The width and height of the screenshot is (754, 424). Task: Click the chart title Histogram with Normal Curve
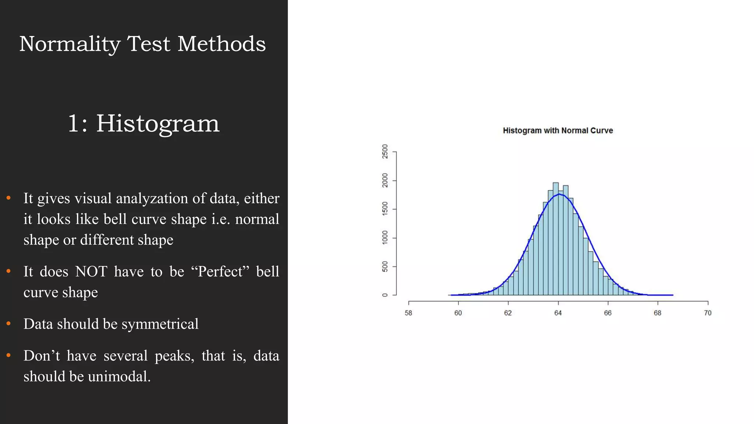558,131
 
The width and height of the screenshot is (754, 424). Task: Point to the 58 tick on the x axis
408,313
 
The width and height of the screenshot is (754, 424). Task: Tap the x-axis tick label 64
558,313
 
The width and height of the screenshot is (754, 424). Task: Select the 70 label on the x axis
708,313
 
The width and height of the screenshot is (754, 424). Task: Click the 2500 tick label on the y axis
385,151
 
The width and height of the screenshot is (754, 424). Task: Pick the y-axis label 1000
385,238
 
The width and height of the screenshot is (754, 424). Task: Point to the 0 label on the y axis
385,295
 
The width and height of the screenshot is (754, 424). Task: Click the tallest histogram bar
556,239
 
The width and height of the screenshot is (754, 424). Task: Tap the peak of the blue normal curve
559,194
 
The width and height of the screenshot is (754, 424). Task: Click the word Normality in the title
70,44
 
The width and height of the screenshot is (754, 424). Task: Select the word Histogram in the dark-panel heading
158,123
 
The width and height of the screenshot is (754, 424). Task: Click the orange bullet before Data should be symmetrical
8,324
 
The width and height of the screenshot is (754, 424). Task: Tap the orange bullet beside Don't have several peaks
8,356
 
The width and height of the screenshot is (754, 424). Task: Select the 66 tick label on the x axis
607,313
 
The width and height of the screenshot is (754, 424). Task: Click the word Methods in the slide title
221,44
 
